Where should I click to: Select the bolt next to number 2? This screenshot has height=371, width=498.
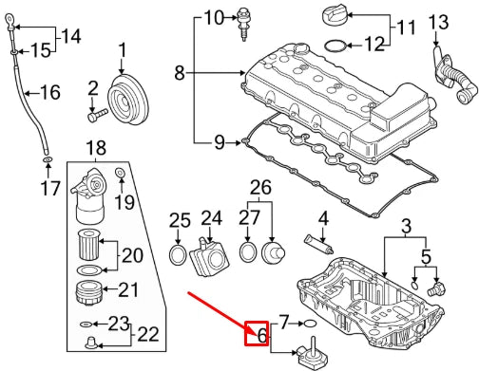(x=95, y=117)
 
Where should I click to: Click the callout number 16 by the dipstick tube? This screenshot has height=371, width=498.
(x=49, y=92)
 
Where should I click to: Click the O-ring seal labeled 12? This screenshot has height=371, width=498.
(x=335, y=45)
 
